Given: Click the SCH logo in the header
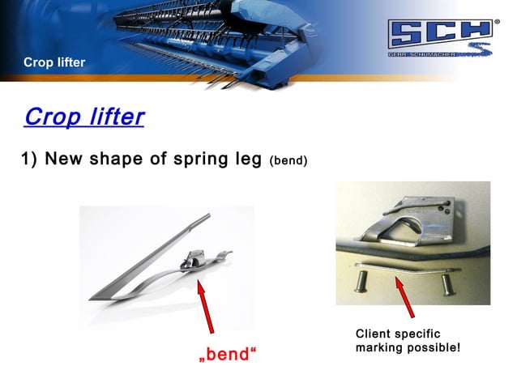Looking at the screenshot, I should pos(441,39).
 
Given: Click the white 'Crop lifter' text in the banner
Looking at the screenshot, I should pos(54,62).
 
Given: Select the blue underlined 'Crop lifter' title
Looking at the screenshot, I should pos(84,117).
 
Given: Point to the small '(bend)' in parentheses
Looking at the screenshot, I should pos(288,160).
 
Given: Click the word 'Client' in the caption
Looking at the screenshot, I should pos(375,334).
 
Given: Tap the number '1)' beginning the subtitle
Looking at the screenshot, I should pos(29,159).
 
